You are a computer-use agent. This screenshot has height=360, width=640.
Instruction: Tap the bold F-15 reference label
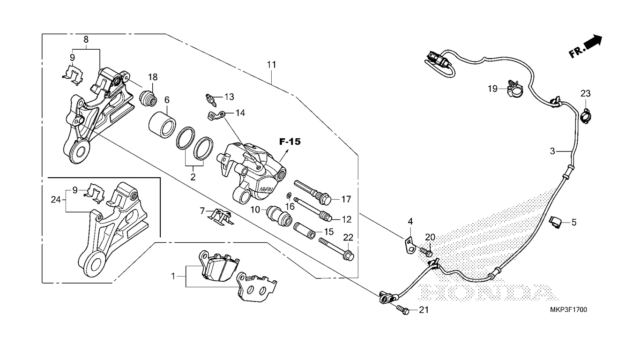coord(290,142)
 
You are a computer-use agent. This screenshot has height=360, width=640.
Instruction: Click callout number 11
coord(271,65)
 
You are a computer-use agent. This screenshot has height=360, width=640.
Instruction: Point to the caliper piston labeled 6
coord(162,125)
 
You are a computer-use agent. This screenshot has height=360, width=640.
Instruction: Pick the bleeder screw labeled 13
coord(210,100)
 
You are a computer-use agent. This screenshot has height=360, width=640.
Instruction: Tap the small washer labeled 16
coord(289,195)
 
